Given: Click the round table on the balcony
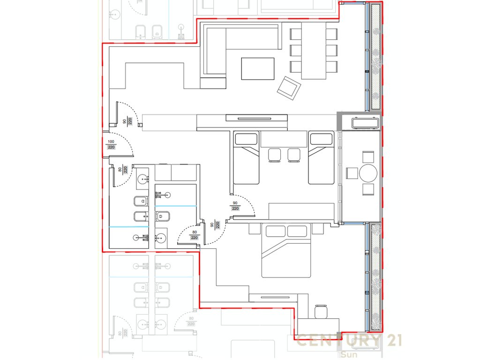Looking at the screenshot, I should tap(368, 173).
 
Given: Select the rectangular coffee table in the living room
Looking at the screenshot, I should tap(257, 68).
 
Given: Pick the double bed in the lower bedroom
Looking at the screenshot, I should tap(286, 251).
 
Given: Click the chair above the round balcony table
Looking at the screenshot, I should tap(368, 157).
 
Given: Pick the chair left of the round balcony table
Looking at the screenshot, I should tap(352, 173).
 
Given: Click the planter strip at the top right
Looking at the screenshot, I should tap(375, 56).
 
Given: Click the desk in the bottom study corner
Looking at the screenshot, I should tap(319, 325).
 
